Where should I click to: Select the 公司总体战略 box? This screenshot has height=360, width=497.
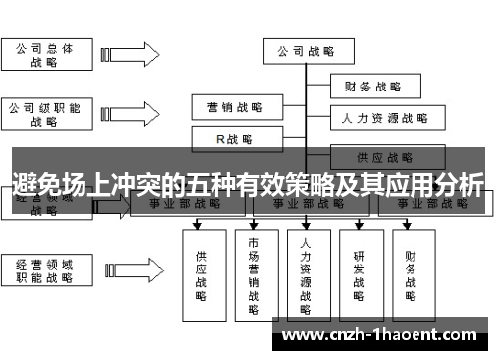[x=44, y=54]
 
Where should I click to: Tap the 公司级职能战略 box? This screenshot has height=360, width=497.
[x=44, y=114]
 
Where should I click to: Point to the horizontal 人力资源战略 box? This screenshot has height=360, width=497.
[x=383, y=119]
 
